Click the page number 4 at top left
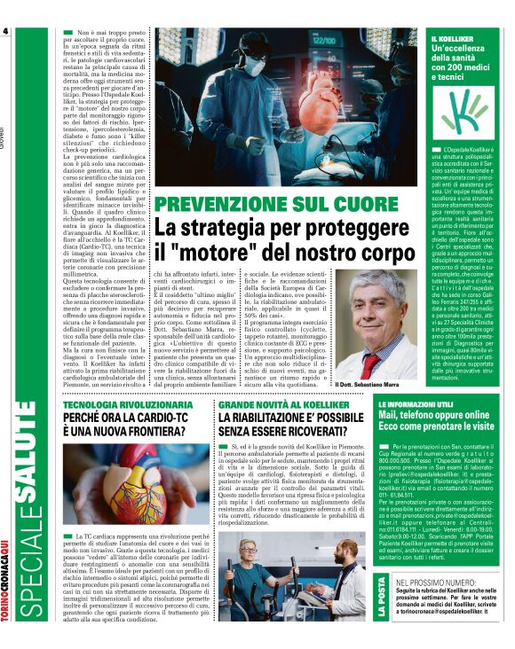point(6,32)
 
